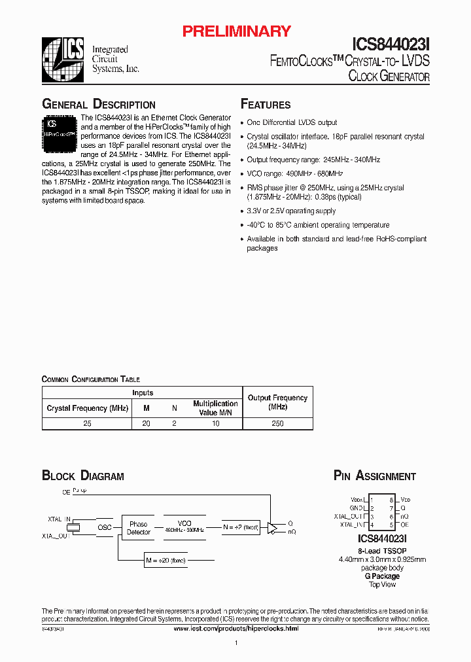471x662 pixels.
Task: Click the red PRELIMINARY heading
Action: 235,31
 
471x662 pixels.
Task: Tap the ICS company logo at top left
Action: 63,60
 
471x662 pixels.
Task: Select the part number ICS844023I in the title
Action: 391,44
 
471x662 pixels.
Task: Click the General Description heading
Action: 99,105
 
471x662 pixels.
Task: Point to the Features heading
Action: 266,105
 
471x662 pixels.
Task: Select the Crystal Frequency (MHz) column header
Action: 87,408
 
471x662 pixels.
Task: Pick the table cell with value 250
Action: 277,423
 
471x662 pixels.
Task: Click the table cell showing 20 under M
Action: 146,423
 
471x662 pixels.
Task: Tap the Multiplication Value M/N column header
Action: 215,408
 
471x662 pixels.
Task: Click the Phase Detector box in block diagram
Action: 138,528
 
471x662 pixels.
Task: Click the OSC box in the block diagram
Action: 105,527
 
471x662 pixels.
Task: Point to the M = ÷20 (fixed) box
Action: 166,559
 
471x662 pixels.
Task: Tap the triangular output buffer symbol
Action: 272,527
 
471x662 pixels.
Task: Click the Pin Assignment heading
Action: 374,476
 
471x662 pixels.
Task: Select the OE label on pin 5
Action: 405,525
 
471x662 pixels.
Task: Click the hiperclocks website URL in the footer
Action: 236,628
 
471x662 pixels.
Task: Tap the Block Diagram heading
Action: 83,476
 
